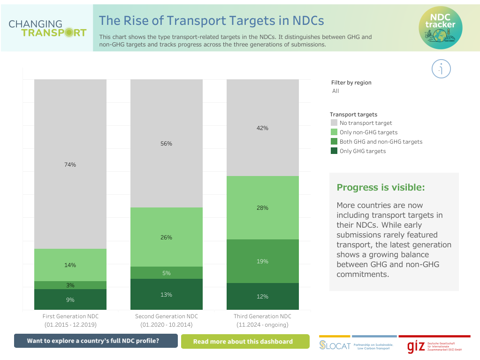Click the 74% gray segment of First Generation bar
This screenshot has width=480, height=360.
coord(70,164)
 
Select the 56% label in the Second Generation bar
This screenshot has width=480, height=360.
coord(167,144)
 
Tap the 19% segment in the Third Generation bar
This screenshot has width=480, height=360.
coord(263,261)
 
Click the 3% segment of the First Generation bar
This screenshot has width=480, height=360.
coord(70,285)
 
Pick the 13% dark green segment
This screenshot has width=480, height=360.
coord(167,294)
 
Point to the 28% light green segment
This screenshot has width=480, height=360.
coord(263,207)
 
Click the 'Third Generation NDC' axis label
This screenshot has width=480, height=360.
coord(262,316)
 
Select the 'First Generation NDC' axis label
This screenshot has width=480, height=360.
coord(70,316)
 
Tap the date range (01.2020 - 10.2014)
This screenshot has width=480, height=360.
coord(167,325)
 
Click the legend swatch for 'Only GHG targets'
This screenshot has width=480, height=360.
coord(334,151)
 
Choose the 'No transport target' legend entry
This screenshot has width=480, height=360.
coord(366,123)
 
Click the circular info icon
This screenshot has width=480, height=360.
coord(441,69)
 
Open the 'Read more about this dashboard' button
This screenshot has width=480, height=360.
coord(245,341)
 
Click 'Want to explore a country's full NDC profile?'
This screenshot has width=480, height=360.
coord(96,341)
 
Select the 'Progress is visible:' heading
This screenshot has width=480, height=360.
coord(381,187)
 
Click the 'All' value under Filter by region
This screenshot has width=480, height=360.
coord(335,91)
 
